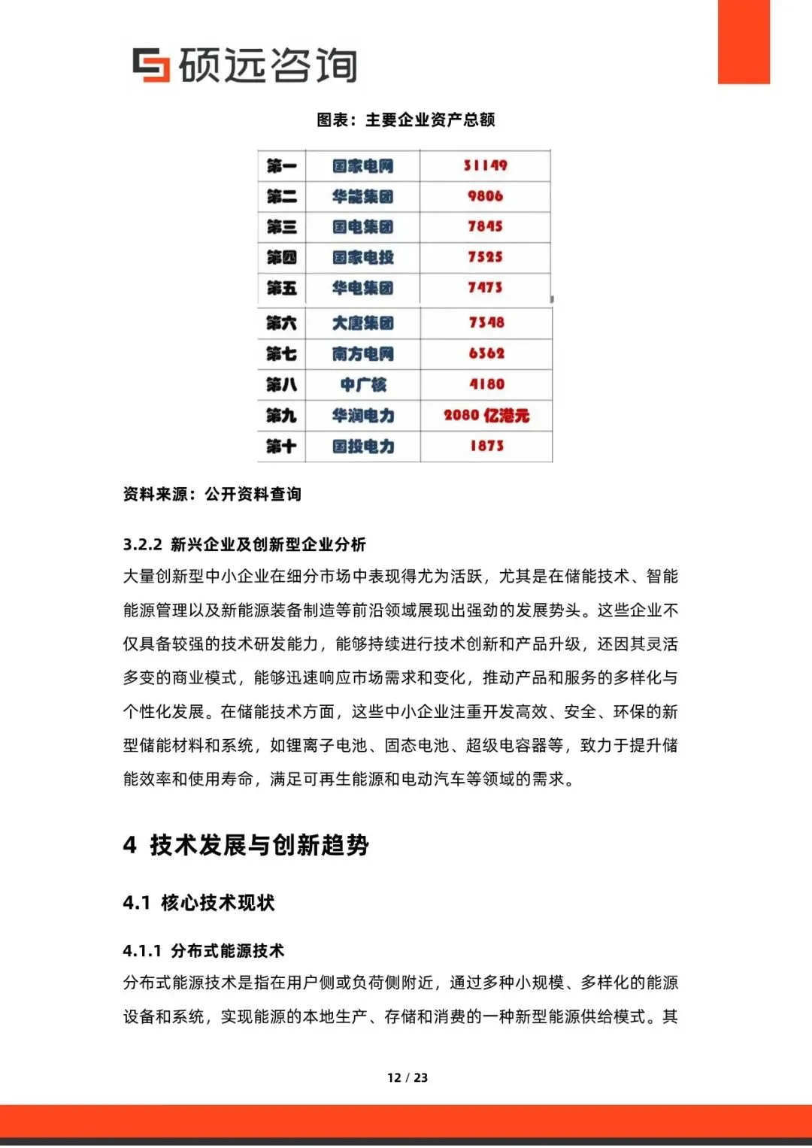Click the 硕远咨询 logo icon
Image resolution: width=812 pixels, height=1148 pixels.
(151, 65)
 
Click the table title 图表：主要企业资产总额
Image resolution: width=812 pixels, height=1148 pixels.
(405, 120)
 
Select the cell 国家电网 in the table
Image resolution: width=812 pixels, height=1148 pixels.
(362, 166)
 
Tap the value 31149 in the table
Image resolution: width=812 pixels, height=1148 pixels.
(485, 165)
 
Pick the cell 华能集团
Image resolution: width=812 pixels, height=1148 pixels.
(362, 197)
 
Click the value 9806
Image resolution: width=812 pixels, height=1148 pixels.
(485, 196)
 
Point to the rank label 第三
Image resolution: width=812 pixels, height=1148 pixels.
(281, 227)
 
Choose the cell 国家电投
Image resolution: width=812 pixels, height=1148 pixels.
(362, 258)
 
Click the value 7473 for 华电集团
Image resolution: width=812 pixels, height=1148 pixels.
(485, 287)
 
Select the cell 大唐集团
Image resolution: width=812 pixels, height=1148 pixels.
(362, 323)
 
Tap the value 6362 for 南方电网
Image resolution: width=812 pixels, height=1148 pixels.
(486, 353)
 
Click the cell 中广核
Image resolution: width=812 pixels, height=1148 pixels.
(362, 385)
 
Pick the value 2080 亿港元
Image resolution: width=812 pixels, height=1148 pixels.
(486, 416)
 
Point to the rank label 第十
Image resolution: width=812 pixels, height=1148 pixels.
(281, 447)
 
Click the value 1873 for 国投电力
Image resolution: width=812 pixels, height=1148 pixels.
(486, 446)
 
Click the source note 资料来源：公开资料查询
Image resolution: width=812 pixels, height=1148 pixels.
(212, 494)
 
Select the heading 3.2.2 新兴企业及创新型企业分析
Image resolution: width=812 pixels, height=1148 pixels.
(244, 544)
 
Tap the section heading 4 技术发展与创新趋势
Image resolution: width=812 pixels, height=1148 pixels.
(246, 845)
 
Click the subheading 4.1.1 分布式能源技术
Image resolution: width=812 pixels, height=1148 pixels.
(203, 951)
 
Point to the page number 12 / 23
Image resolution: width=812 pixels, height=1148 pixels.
(407, 1077)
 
